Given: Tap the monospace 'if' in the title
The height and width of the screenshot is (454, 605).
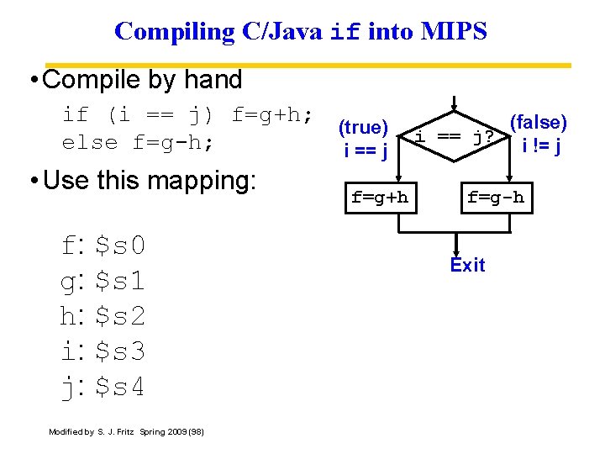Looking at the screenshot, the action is pos(347,32).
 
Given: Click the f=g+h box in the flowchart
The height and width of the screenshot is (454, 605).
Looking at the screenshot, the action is pos(379,198).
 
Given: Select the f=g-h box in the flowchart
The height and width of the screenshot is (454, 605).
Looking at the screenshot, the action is pos(495,198).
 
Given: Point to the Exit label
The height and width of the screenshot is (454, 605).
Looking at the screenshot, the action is pos(467,265).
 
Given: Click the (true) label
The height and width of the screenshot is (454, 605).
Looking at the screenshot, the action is pos(362,128).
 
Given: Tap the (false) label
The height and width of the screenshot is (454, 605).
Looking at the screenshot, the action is pos(538,123).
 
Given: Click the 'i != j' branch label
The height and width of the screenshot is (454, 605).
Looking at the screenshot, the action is pos(541,146).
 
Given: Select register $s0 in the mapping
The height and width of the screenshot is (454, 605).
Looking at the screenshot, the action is pos(120,245).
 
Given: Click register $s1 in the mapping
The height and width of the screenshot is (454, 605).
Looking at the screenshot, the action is pos(120,281).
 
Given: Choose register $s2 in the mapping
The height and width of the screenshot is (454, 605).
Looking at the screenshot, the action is pos(120,316).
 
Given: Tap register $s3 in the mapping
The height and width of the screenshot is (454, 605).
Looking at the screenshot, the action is pos(120,351).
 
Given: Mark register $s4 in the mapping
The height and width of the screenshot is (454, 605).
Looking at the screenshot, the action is pos(120,387).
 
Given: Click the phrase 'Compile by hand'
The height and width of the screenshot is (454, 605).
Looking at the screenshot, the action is pos(142,80).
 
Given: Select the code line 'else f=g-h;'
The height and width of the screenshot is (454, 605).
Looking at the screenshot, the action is pos(138,142).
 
